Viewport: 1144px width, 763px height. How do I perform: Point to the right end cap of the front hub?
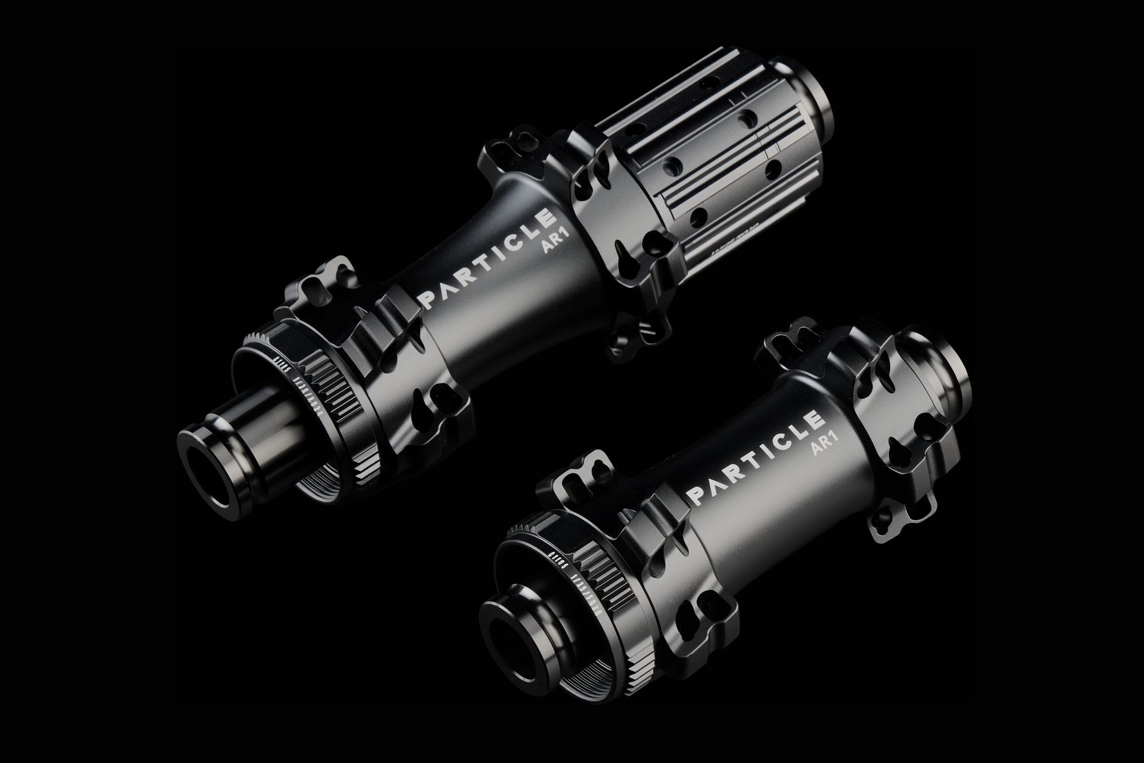click(944, 395)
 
